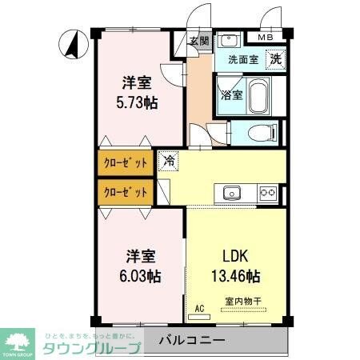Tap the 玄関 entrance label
[x=199, y=41]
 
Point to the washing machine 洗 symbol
[x=274, y=58]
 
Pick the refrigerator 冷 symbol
[x=170, y=161]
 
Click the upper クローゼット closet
[x=126, y=163]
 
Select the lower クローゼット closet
[x=126, y=192]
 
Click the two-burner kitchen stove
[x=267, y=193]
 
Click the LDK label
[x=236, y=258]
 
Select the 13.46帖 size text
[x=236, y=277]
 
